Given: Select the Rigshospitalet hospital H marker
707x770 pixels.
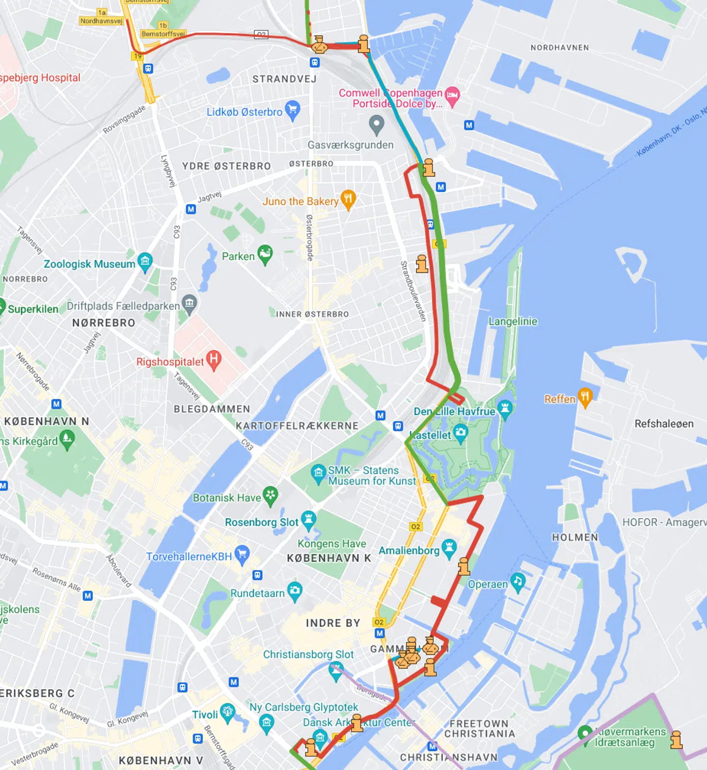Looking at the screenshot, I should click(x=213, y=360).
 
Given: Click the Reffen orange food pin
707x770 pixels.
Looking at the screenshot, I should click(x=585, y=397).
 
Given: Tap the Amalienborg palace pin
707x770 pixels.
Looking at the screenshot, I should click(x=449, y=548).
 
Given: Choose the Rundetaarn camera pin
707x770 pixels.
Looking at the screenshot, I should click(x=295, y=591).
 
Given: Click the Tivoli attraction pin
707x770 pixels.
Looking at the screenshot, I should click(x=227, y=712).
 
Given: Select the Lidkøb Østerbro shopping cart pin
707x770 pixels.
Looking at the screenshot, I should click(x=293, y=110).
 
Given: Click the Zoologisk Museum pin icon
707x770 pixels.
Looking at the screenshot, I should click(x=145, y=262).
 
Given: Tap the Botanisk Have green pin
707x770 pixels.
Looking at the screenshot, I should click(x=271, y=496).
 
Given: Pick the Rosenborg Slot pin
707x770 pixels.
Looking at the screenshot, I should click(x=308, y=520).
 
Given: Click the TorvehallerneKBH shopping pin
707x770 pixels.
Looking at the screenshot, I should click(x=242, y=555).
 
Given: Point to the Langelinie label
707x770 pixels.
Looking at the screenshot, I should click(x=513, y=321).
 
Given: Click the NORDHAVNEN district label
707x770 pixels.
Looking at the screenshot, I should click(x=560, y=48).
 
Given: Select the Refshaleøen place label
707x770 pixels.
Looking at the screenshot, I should click(x=664, y=424).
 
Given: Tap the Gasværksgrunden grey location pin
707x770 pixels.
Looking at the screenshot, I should click(x=377, y=124).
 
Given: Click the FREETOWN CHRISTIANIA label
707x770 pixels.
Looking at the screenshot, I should click(x=480, y=728).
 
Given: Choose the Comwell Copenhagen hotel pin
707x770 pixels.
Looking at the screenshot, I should click(x=452, y=96).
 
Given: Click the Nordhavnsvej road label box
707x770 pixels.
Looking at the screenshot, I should click(x=101, y=21).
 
